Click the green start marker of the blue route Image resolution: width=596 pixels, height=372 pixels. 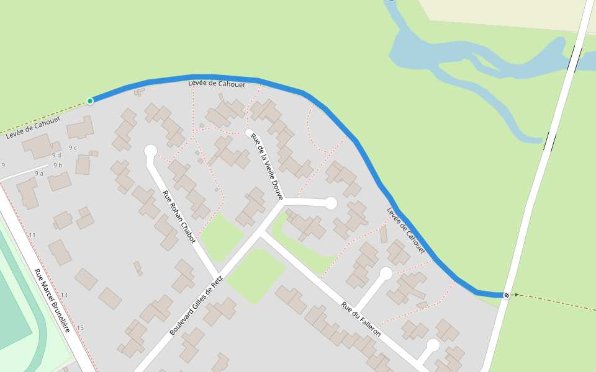pos(90,100)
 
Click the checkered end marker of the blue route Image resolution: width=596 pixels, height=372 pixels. pos(507,295)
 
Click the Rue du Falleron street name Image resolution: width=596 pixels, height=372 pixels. pos(361,319)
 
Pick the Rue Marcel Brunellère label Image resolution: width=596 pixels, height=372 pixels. pos(52,300)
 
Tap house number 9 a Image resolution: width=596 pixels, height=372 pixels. pos(39,174)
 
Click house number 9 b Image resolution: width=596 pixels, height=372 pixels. pos(58,166)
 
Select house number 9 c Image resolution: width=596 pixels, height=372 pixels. pos(73,148)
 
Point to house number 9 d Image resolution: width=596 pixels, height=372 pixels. pos(56,155)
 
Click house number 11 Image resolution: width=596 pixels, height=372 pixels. pos(32,236)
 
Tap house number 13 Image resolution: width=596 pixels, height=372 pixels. pos(64,295)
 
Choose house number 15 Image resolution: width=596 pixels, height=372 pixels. pos(80,327)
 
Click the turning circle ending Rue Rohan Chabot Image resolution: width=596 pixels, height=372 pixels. pos(150,151)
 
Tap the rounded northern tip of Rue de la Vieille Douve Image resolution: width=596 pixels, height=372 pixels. pos(250,132)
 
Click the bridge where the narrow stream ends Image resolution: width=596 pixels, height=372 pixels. pos(550,142)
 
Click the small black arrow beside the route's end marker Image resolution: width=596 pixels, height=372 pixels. pos(516,295)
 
